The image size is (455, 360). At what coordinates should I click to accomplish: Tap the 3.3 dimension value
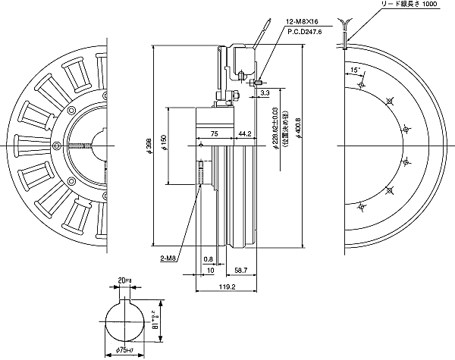pyautogui.click(x=265, y=93)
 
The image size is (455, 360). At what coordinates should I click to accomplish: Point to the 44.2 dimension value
pyautogui.click(x=245, y=133)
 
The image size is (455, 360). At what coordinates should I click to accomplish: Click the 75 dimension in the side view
pyautogui.click(x=214, y=133)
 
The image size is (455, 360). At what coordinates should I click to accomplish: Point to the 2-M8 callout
pyautogui.click(x=169, y=258)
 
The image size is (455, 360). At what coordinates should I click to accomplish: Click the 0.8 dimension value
pyautogui.click(x=207, y=258)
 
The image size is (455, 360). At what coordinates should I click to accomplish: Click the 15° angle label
pyautogui.click(x=355, y=70)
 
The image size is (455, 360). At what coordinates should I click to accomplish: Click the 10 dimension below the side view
pyautogui.click(x=209, y=269)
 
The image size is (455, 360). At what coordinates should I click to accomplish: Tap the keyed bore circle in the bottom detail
pyautogui.click(x=125, y=322)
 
